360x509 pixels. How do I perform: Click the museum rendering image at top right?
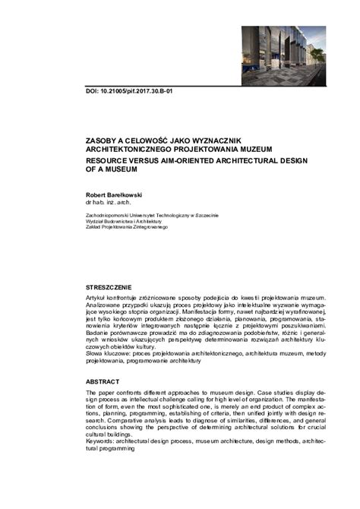click(x=283, y=55)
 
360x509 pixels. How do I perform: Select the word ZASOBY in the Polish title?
click(x=103, y=141)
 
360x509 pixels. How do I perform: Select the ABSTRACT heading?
click(x=103, y=381)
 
